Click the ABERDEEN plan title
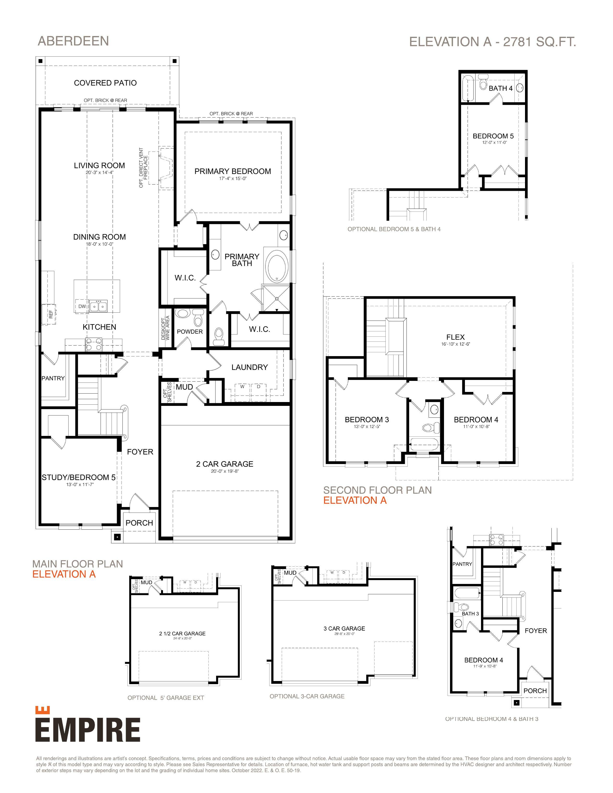coord(73,41)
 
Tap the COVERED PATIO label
coord(105,83)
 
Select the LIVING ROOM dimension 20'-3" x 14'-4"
coord(100,173)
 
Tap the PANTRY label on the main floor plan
coord(53,378)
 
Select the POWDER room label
coord(190,332)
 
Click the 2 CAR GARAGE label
coord(225,464)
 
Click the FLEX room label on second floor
coord(455,337)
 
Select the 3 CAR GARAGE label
coord(344,629)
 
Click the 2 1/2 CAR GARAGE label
coord(182,634)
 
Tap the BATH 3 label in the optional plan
coord(470,614)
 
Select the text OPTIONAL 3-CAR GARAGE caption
coord(307,696)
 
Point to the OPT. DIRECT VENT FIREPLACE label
coord(144,167)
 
